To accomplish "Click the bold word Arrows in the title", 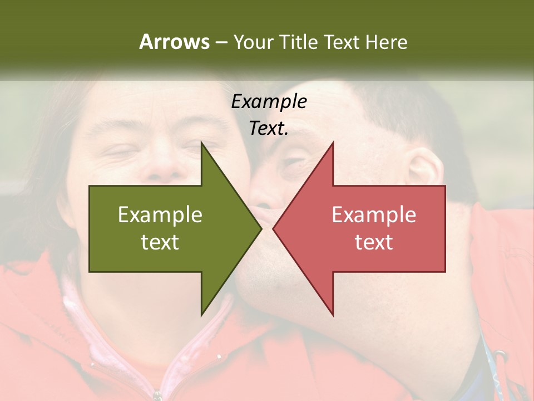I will pyautogui.click(x=174, y=42).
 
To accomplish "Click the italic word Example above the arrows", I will pyautogui.click(x=269, y=101).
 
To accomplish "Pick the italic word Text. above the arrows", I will pyautogui.click(x=269, y=128).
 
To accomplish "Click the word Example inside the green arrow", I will pyautogui.click(x=160, y=214).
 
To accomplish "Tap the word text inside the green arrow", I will pyautogui.click(x=160, y=242).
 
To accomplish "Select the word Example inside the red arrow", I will pyautogui.click(x=374, y=214).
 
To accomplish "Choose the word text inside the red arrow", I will pyautogui.click(x=374, y=242).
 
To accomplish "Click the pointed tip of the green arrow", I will pyautogui.click(x=261, y=228).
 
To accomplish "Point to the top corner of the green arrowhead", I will pyautogui.click(x=201, y=143).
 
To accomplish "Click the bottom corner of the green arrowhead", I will pyautogui.click(x=201, y=315).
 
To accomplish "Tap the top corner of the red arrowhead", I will pyautogui.click(x=333, y=143).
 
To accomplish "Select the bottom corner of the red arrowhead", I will pyautogui.click(x=333, y=315).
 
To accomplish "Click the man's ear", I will pyautogui.click(x=424, y=167).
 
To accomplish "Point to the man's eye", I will pyautogui.click(x=292, y=163).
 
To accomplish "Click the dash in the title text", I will pyautogui.click(x=221, y=42).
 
